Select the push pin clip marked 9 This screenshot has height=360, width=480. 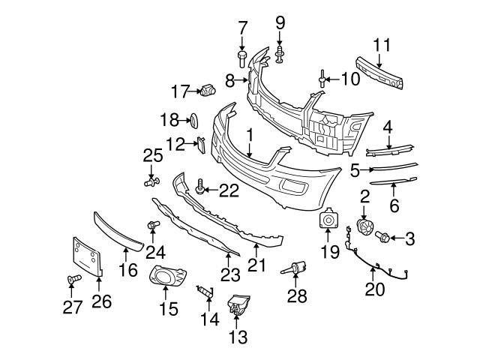pyautogui.click(x=279, y=52)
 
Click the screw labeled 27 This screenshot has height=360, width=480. pyautogui.click(x=72, y=280)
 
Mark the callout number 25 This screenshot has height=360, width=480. pyautogui.click(x=153, y=156)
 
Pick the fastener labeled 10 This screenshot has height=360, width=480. pyautogui.click(x=321, y=76)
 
